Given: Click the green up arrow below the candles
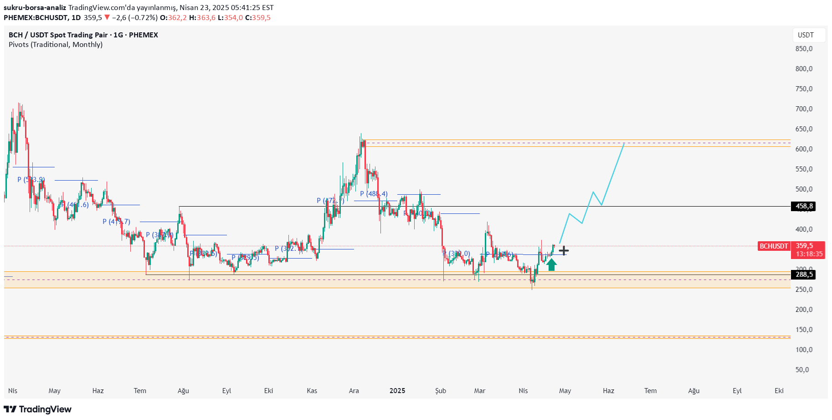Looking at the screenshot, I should coord(551,265).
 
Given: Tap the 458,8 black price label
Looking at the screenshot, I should coord(804,207).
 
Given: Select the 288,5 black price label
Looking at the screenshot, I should coord(804,275).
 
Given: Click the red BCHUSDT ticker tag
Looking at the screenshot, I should coord(774,246).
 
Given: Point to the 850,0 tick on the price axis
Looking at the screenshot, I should coord(804,49).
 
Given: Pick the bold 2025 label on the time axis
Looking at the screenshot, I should coord(397,391).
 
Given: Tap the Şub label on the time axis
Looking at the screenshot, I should coord(441,391).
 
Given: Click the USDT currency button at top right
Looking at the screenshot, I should coord(806,35).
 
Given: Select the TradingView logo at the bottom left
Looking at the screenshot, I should coord(38,409).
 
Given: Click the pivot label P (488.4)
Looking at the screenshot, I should coord(374,194).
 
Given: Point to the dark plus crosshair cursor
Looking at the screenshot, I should coord(564,251).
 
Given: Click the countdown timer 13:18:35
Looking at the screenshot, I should coord(809,254).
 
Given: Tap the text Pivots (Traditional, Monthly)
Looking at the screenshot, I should coord(56,45).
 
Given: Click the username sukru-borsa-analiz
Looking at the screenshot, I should coord(35,8).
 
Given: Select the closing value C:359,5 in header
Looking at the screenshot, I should coord(258,18).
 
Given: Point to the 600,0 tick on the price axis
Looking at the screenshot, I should coord(804,149).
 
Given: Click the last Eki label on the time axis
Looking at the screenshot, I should coord(779,391).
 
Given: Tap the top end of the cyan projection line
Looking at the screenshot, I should coord(624,144).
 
